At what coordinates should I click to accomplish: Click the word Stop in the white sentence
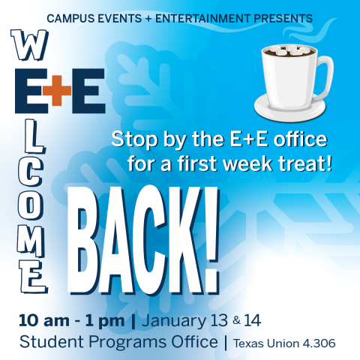tap(131, 138)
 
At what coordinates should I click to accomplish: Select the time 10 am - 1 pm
tap(72, 321)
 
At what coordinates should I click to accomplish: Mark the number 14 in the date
tap(251, 321)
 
